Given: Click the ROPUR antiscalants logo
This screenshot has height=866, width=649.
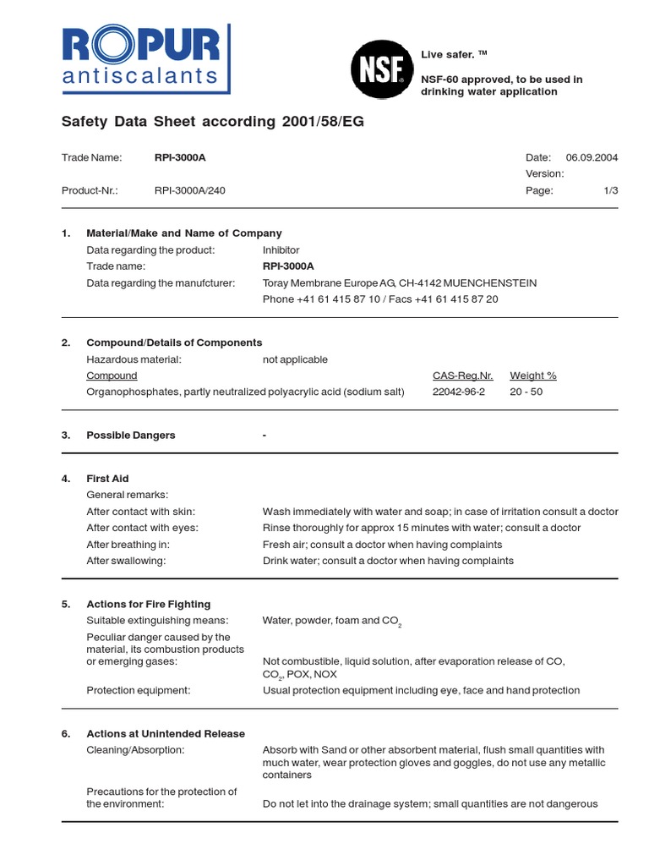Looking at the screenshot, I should click(x=139, y=58).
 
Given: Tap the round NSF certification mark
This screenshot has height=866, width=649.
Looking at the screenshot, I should click(x=381, y=72).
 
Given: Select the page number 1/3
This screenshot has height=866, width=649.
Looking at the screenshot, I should click(x=611, y=190).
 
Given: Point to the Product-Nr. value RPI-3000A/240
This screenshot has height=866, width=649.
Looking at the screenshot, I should click(x=190, y=190).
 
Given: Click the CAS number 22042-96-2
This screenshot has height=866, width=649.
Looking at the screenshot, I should click(x=459, y=392).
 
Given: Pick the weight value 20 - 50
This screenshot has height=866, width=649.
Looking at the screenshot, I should click(x=526, y=392).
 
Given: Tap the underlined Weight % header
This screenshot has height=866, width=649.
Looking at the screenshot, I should click(x=533, y=375).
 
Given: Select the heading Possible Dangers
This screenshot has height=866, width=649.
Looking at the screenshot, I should click(x=131, y=435).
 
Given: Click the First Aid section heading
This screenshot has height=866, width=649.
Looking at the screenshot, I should click(x=107, y=479).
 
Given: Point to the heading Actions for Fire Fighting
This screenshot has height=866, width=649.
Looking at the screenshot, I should click(x=149, y=604).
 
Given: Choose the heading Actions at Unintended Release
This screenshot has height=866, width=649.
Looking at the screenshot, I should click(x=166, y=733).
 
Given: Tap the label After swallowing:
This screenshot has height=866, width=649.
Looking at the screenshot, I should click(x=127, y=560).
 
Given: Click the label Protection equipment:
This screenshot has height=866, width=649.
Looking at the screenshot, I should click(x=139, y=690).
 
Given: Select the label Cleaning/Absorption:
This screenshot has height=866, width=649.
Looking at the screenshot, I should click(x=135, y=749).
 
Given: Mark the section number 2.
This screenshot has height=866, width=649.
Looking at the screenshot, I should click(x=66, y=343).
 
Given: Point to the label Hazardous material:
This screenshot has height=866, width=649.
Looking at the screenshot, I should click(x=134, y=359).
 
